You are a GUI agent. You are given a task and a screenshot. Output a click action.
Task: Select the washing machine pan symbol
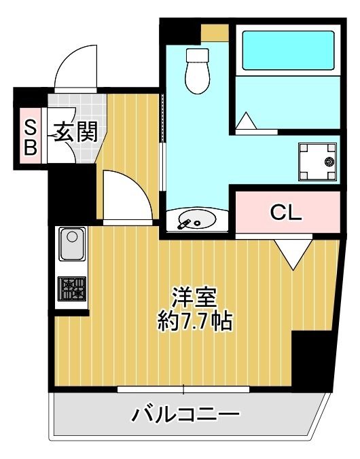point(317,162)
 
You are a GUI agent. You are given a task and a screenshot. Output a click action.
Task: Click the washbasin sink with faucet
point(194,220)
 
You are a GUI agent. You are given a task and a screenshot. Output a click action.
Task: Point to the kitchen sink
point(71,245)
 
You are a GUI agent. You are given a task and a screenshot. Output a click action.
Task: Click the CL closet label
point(286,213)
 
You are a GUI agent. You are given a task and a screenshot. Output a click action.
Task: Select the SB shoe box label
point(30,136)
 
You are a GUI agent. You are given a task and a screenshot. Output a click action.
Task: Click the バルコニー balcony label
point(185,413)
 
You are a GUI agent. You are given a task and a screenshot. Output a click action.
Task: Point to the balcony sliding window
point(183,390)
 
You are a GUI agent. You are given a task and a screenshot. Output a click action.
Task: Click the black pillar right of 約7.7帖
point(313,361)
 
